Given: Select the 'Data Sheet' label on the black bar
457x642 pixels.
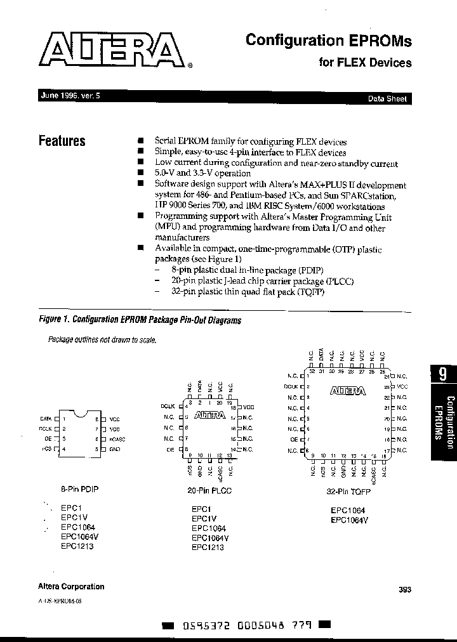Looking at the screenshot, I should [x=387, y=99].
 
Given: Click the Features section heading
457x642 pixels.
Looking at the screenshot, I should [x=62, y=141].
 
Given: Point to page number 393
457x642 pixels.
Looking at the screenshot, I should [x=405, y=589].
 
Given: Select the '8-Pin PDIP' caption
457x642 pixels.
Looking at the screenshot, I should [x=79, y=489].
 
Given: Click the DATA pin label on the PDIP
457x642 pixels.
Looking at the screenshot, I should [x=46, y=419].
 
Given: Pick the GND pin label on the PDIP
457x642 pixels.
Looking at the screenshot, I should [x=115, y=449].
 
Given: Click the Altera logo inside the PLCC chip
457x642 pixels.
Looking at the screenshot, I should [x=209, y=416].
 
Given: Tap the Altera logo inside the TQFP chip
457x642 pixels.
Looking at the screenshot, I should [x=348, y=391].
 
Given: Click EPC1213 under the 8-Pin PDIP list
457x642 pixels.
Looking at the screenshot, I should [x=77, y=546].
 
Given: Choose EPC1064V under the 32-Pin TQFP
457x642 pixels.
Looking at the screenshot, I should [x=349, y=520].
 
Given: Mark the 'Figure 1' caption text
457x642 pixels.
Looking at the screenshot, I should [x=140, y=320].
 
